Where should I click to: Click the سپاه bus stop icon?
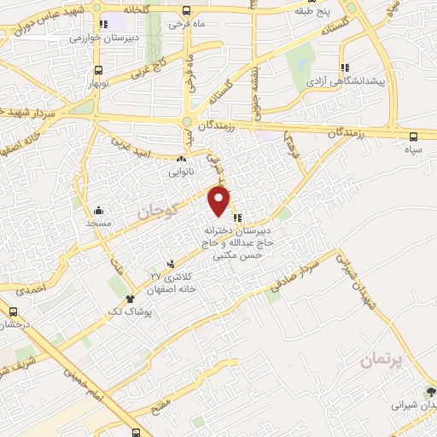coord(414,136)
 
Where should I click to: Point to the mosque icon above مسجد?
coord(99,209)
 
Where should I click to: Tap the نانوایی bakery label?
coord(179,171)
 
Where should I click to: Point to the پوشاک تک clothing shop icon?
coord(129,299)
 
